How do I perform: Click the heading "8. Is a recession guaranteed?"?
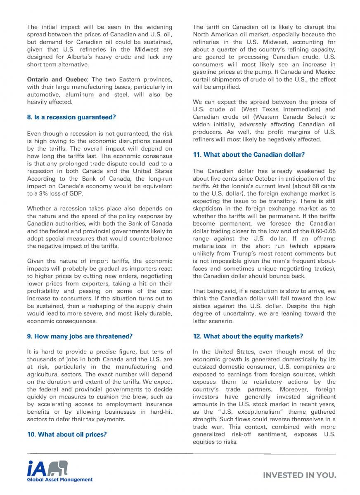71,117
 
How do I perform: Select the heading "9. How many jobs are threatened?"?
79,336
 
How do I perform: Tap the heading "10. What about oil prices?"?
66,434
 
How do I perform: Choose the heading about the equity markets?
248,336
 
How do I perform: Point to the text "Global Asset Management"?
60,479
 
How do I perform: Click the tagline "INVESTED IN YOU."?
300,475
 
